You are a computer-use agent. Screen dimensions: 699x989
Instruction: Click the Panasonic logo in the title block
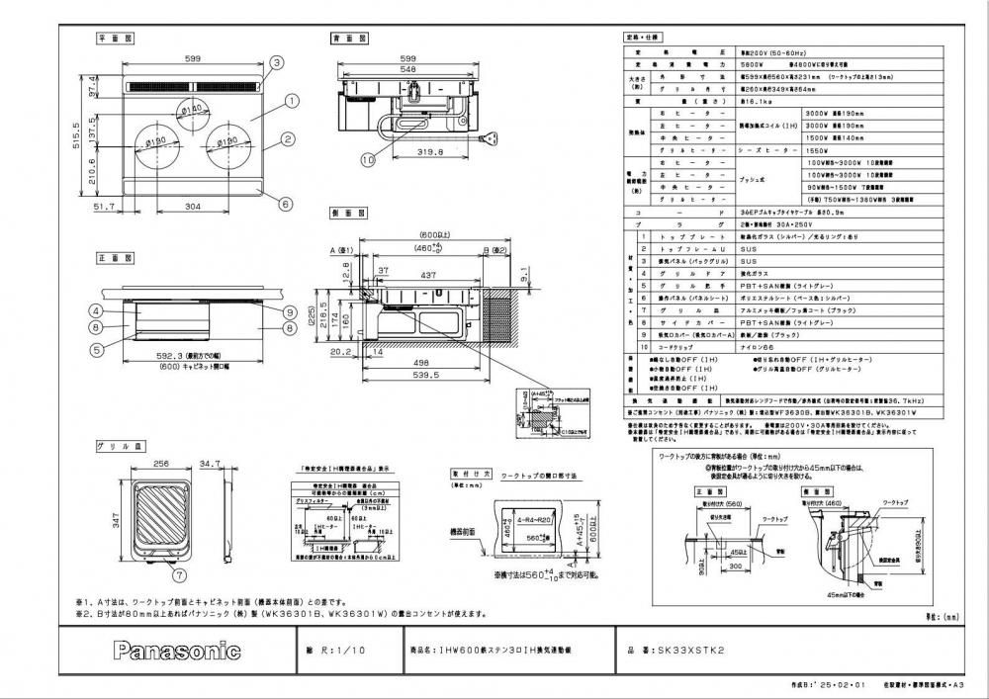[x=177, y=651]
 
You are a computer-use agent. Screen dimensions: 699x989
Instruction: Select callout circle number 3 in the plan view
[x=276, y=62]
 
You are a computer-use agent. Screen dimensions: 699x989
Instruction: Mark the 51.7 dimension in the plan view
[x=105, y=206]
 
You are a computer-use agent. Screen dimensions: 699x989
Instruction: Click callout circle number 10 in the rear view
[x=367, y=158]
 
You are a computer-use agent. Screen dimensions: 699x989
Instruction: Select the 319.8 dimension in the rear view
[x=424, y=153]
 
